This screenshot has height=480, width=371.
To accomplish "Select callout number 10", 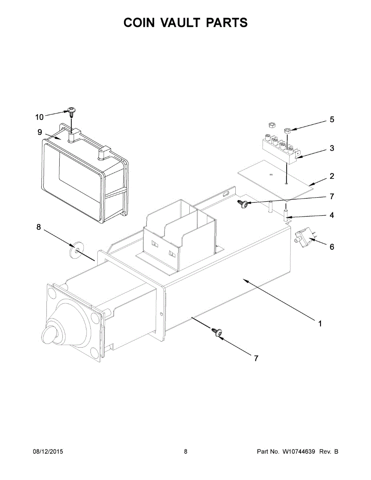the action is (39, 117).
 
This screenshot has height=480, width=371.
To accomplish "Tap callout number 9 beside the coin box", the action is (40, 132).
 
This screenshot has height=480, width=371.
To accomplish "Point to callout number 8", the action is (39, 227).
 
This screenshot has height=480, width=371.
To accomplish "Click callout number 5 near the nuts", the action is (332, 120).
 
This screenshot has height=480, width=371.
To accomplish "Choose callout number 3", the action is (332, 148).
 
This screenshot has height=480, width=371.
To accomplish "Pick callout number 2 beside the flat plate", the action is (332, 176).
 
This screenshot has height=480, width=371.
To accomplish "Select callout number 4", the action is (332, 215).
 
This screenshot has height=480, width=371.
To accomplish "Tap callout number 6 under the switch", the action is (332, 247).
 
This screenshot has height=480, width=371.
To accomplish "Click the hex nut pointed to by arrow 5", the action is (287, 130).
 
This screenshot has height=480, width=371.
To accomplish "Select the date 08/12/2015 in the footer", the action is (48, 452).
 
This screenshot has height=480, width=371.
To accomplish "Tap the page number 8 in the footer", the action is (186, 452).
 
